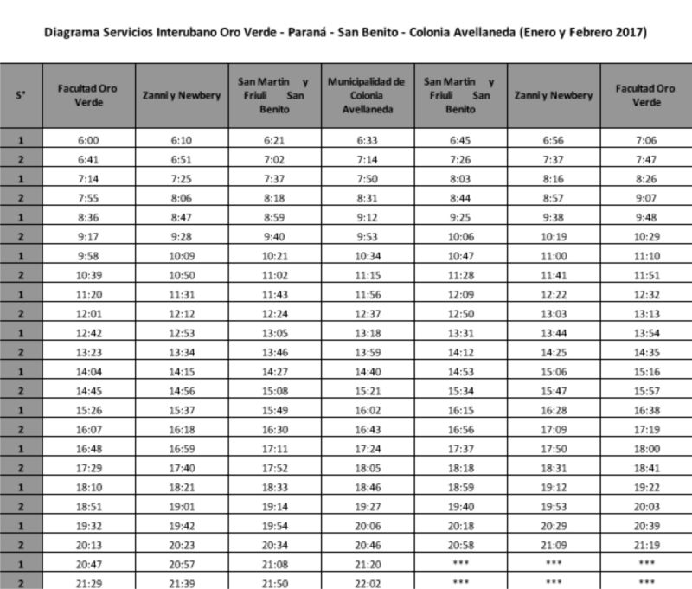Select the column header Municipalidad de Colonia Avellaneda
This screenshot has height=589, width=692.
367,95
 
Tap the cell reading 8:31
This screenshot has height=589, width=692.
367,198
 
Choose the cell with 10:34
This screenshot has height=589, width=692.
367,256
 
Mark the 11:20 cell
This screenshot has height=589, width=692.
87,294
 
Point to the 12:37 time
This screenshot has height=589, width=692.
367,313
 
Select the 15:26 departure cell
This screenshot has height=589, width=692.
87,409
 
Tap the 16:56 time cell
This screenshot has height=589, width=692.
460,428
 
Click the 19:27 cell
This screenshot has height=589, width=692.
367,506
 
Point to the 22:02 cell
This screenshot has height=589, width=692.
367,582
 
